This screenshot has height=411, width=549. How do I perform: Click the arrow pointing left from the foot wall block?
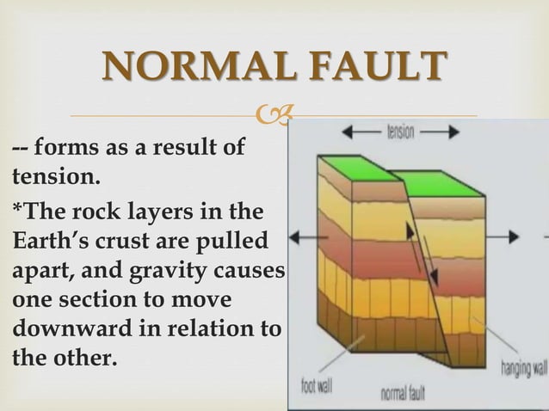tap(301, 235)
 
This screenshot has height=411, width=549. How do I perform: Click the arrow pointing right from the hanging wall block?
tap(523, 235)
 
